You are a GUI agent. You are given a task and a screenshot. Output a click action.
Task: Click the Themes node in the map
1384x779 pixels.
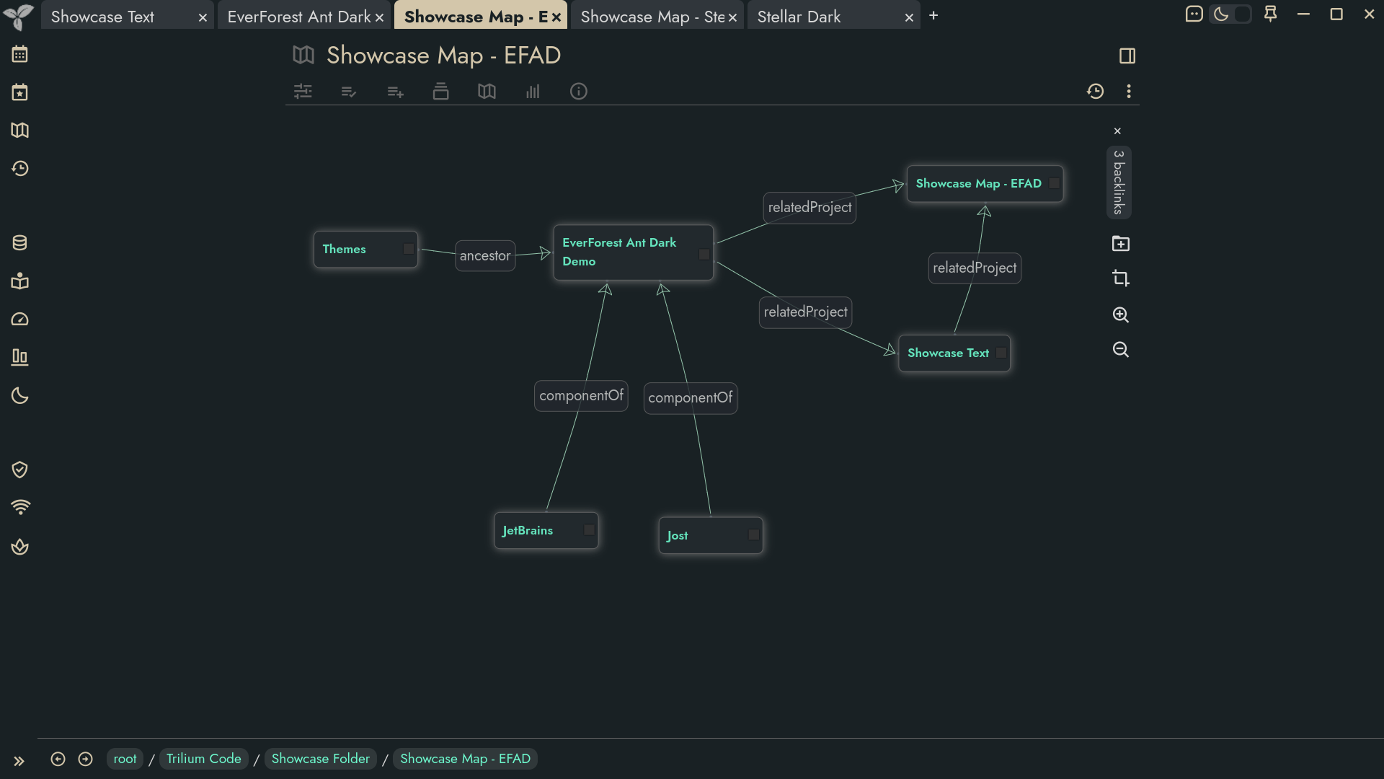click(x=365, y=250)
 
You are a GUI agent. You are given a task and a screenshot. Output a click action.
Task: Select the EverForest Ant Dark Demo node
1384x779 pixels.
click(x=634, y=252)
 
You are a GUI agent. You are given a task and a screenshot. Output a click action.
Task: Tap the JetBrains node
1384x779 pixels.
click(x=546, y=531)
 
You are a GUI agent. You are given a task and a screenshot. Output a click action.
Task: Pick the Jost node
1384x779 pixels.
click(x=711, y=535)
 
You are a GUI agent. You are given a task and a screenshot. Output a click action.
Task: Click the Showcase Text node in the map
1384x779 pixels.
click(x=954, y=353)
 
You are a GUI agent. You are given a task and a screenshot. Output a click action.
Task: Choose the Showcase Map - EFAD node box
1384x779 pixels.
click(x=985, y=184)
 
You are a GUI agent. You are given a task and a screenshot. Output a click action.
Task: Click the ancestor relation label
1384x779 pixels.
click(x=485, y=256)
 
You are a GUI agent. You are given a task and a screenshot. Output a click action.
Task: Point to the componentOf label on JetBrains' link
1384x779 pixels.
click(x=581, y=396)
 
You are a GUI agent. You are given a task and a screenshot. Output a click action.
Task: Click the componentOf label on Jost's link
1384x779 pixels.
click(x=691, y=398)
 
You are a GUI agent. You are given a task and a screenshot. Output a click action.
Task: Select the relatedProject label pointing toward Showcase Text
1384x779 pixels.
click(x=806, y=312)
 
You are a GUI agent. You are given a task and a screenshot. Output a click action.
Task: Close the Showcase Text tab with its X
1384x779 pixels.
click(x=203, y=17)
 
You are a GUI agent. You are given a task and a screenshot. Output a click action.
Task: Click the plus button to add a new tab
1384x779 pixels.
click(x=933, y=15)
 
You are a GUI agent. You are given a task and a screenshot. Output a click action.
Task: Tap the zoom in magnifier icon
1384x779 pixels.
click(x=1121, y=314)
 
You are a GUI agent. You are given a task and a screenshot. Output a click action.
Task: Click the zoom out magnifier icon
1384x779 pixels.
click(x=1121, y=350)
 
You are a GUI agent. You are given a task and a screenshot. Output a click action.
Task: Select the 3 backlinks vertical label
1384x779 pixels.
click(x=1119, y=182)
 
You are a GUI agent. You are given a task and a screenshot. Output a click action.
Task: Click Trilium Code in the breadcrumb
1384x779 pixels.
click(x=204, y=759)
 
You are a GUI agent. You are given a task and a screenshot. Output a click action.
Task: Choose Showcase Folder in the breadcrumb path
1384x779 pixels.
click(x=321, y=759)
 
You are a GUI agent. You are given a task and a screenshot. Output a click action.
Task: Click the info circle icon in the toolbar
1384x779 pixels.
click(x=579, y=92)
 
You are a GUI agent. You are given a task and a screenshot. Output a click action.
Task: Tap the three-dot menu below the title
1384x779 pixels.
click(x=1129, y=92)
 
